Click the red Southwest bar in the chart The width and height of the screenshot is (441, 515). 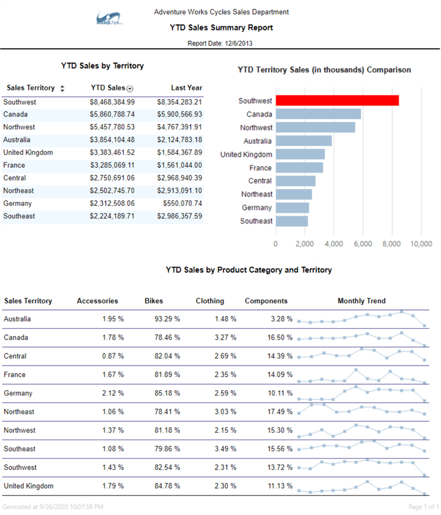coord(337,100)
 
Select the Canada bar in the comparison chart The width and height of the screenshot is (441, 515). coord(318,114)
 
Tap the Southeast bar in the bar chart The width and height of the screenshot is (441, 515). coord(292,221)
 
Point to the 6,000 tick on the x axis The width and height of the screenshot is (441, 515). coord(363,244)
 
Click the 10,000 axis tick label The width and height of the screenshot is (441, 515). coord(421,244)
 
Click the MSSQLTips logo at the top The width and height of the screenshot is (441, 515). coord(110,18)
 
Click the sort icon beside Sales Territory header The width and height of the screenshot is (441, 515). coord(62,88)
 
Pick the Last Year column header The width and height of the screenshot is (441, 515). coord(186,88)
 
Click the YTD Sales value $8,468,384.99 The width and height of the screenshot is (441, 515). coord(112,102)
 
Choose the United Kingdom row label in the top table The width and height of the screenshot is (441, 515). coord(28,152)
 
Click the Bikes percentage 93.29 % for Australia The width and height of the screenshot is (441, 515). coord(167,319)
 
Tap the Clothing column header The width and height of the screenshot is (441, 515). coord(209,301)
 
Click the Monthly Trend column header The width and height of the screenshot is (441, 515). coord(361,301)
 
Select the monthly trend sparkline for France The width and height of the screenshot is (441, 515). coord(361,375)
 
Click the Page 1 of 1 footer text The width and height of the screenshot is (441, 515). coord(423,507)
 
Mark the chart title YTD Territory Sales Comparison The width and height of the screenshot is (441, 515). coord(324,70)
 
